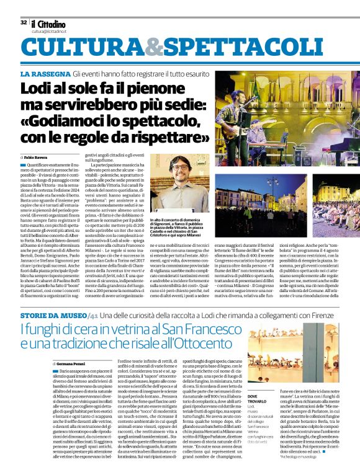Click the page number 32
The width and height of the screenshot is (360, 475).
24,22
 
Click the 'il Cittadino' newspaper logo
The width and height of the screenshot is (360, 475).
48,22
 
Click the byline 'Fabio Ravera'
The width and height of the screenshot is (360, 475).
38,159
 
